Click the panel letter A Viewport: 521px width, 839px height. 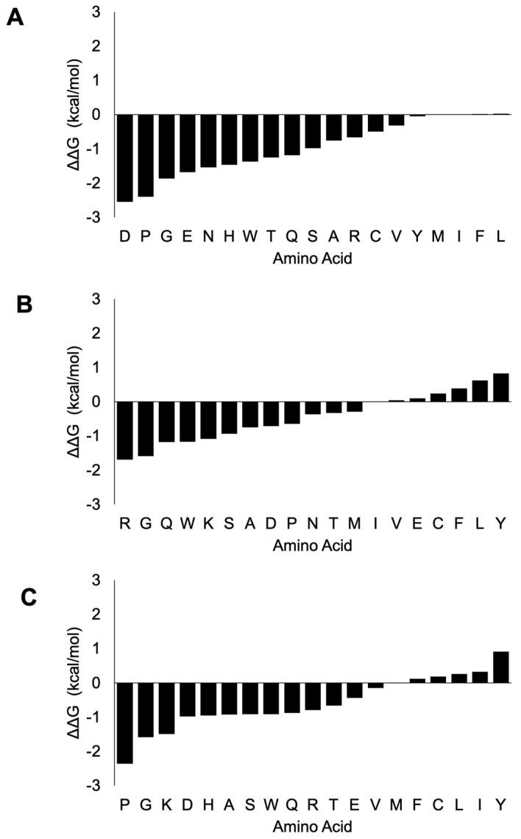point(15,18)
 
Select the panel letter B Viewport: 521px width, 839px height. point(24,304)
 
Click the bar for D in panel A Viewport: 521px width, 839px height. point(125,158)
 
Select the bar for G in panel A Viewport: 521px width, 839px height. point(167,147)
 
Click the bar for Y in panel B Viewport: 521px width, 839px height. point(501,387)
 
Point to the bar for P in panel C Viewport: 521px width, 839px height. point(125,723)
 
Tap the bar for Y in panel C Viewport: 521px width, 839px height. point(501,667)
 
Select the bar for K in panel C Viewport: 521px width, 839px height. point(167,708)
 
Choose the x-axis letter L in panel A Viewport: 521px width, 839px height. point(501,236)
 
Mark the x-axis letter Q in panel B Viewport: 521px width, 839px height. point(167,524)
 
